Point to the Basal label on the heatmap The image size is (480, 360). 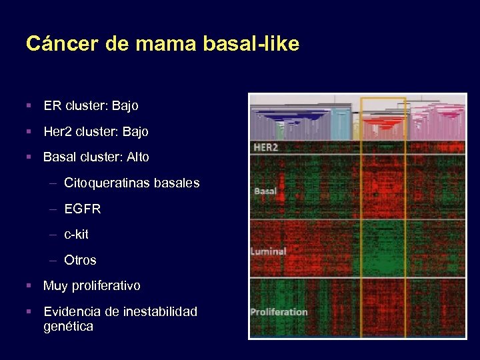265,191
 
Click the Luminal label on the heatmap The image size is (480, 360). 269,251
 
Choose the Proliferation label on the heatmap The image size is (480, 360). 279,311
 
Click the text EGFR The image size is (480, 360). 83,209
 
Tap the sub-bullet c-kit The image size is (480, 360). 76,235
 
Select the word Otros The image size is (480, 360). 80,260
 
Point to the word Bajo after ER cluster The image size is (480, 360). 125,105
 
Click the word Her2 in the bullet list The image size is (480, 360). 57,131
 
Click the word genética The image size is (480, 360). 68,327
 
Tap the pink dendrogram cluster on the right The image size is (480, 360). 440,120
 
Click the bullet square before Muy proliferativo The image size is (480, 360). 29,286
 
